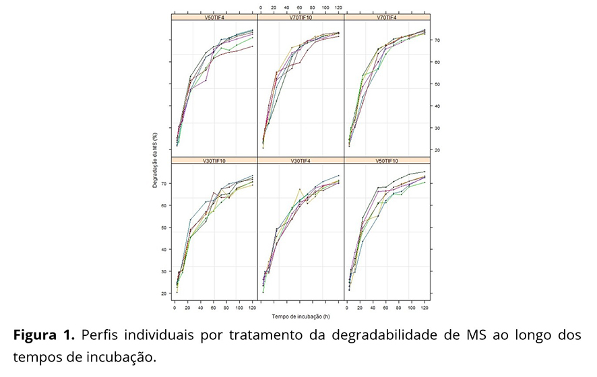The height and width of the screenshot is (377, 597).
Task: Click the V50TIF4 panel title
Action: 214,18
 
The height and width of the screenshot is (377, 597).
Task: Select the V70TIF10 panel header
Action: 301,18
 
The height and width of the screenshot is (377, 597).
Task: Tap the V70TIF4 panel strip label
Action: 387,18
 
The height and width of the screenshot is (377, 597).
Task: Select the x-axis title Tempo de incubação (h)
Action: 301,316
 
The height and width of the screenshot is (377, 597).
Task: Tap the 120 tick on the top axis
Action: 338,7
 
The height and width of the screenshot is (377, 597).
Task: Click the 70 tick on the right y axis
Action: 437,40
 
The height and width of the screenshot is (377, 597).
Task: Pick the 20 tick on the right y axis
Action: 437,150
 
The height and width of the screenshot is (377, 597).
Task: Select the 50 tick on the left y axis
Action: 165,228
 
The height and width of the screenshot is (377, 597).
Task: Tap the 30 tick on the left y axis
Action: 165,271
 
